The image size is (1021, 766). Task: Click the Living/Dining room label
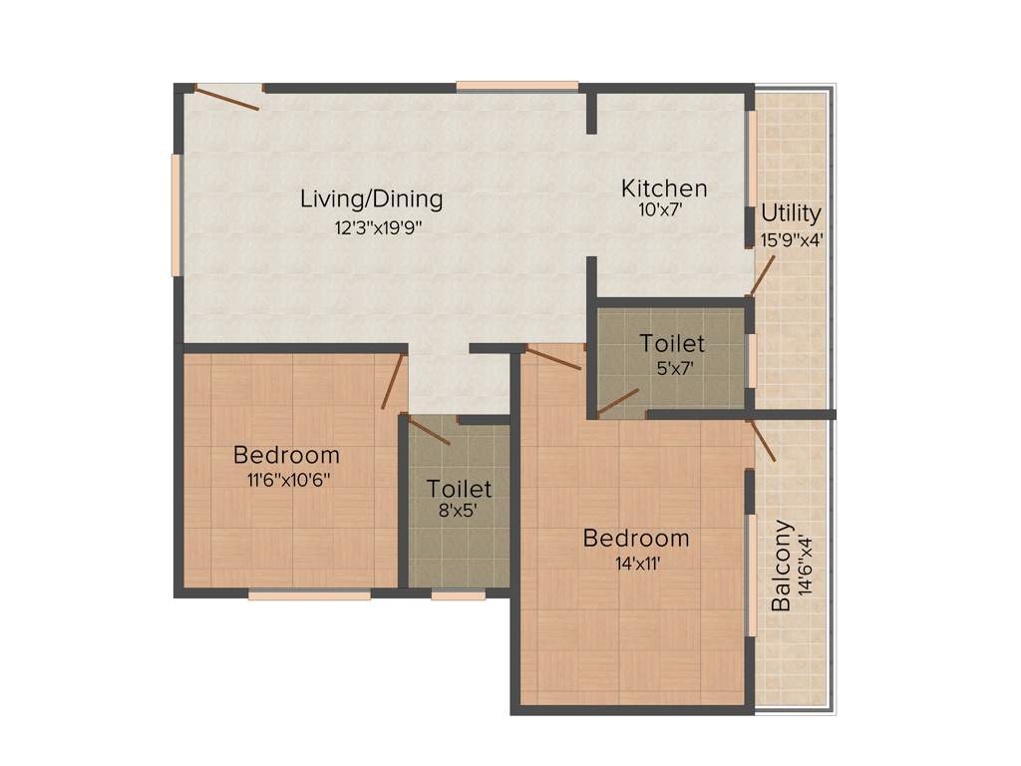[371, 198]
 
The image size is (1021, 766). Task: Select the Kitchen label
[664, 188]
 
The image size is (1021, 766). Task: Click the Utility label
[791, 213]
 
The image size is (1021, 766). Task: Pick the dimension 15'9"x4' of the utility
[791, 238]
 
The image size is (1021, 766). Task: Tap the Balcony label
[783, 565]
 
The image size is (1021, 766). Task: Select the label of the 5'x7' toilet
[672, 343]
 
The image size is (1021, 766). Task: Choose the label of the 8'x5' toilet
[460, 489]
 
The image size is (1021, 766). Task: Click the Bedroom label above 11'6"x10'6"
[286, 455]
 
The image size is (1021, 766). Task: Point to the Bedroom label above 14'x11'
[636, 539]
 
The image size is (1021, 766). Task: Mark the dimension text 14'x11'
[636, 563]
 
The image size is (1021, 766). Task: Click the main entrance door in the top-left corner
[227, 98]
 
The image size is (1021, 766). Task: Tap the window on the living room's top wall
[517, 86]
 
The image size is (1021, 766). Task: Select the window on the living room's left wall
[175, 214]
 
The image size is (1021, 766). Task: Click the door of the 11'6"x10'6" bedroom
[393, 381]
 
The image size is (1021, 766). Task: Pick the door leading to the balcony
[763, 440]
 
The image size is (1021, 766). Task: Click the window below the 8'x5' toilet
[459, 595]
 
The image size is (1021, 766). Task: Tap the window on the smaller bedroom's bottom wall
[309, 595]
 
